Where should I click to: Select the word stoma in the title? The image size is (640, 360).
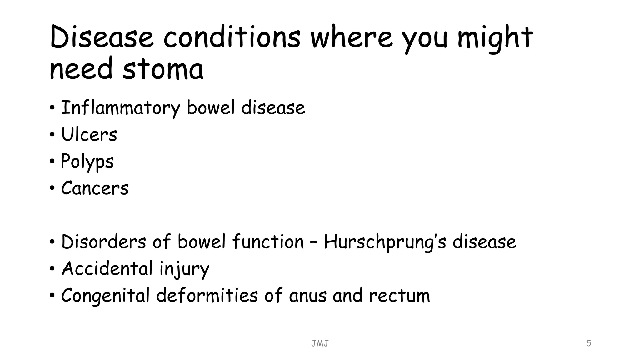(163, 69)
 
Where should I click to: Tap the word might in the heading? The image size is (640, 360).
(495, 38)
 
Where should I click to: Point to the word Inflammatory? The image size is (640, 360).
(120, 108)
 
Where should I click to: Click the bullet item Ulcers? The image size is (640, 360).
(89, 135)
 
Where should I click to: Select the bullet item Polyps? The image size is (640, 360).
(87, 162)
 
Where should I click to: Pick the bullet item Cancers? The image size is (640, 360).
(95, 188)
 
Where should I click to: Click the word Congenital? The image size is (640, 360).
(105, 296)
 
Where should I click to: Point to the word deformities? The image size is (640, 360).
(207, 296)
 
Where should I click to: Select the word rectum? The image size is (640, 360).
(399, 296)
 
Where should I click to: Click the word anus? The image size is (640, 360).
(308, 296)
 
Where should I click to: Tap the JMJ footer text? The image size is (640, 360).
(320, 344)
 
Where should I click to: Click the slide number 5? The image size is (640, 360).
(588, 343)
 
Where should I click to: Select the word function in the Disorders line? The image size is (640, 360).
(268, 242)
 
